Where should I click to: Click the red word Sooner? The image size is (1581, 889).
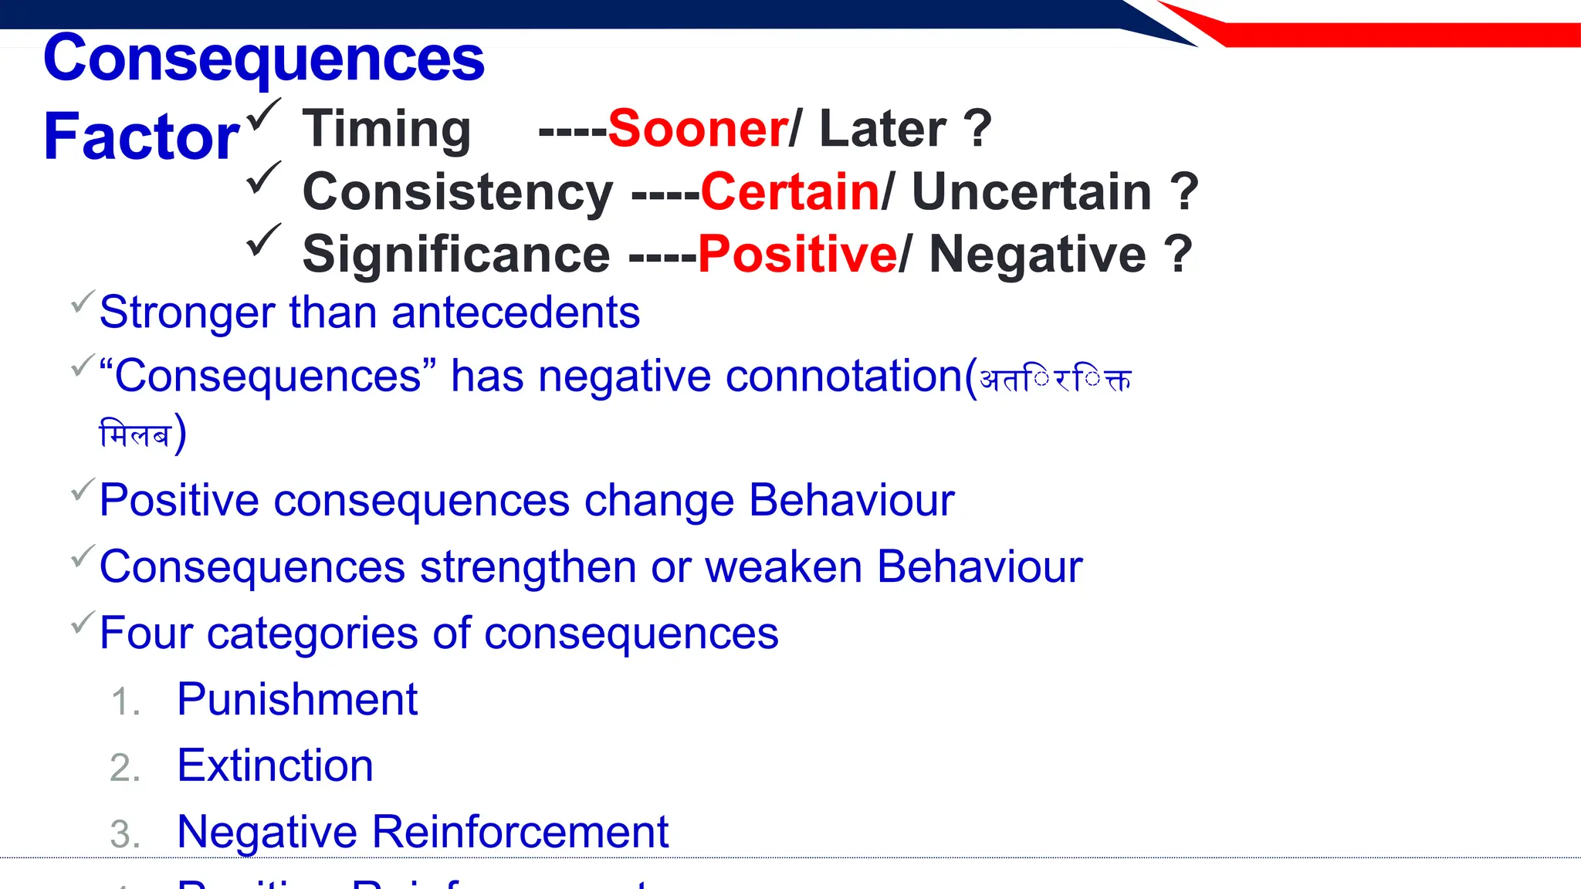[698, 129]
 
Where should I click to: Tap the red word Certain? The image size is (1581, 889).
[790, 191]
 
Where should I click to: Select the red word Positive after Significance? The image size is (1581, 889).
[797, 254]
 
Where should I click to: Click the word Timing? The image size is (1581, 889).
[386, 129]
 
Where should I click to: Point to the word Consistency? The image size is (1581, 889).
[458, 191]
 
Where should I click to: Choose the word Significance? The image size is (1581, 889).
[456, 254]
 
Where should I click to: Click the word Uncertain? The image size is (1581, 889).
[1031, 191]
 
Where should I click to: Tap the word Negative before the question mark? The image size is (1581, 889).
[1038, 254]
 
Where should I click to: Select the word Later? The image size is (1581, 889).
[882, 129]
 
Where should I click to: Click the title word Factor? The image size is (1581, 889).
[142, 137]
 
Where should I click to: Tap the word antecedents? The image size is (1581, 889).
[516, 313]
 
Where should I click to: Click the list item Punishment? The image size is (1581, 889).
[297, 700]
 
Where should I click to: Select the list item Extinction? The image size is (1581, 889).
[275, 766]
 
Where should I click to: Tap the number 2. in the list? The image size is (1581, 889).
[125, 769]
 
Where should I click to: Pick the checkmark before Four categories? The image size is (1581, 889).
[83, 622]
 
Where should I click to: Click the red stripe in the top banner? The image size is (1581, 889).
[1390, 35]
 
